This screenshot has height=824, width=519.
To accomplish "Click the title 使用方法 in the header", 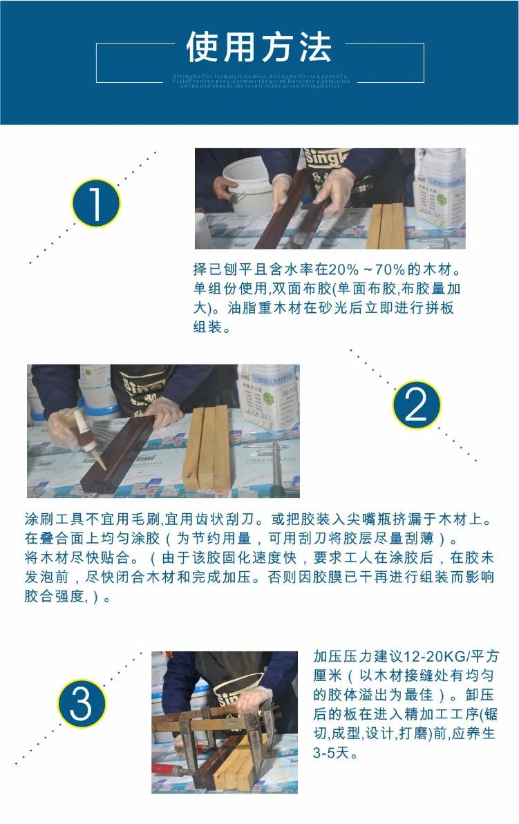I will pos(259,48).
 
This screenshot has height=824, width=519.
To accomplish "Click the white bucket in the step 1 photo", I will pos(247,183).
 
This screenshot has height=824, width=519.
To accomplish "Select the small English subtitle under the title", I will pos(261,81).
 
